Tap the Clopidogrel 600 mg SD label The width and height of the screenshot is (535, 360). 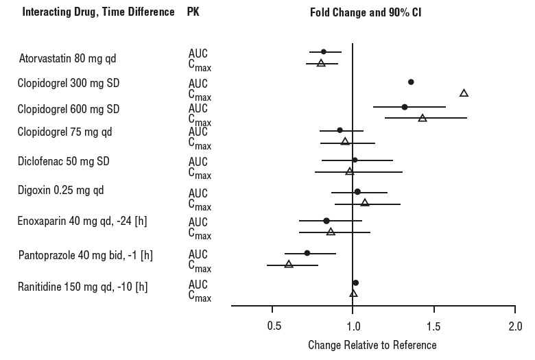point(69,109)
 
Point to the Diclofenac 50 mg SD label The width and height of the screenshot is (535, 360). point(64,161)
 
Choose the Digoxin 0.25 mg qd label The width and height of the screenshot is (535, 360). point(60,190)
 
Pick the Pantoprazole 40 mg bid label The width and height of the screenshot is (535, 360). point(85,255)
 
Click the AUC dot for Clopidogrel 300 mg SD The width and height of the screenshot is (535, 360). point(411,82)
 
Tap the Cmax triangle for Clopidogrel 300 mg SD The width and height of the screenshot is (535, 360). point(464,93)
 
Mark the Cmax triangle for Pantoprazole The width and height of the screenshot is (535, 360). point(289,263)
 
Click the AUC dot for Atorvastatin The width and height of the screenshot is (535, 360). point(324,51)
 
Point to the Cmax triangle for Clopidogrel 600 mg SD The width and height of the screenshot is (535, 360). point(423,118)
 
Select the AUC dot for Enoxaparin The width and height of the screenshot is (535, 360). point(326,221)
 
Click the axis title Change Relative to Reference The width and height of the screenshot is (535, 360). point(372,344)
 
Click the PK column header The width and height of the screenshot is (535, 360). point(193,13)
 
